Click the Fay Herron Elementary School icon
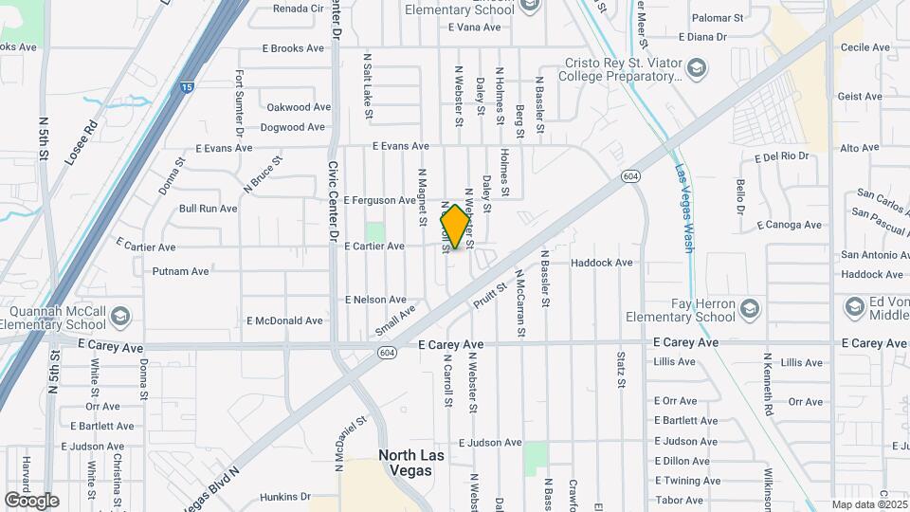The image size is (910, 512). (750, 308)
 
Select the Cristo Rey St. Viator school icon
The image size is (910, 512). (697, 67)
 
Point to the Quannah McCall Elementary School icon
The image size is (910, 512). (119, 316)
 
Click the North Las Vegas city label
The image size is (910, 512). (411, 463)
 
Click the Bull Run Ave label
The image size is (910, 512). (208, 208)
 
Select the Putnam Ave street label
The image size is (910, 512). (180, 271)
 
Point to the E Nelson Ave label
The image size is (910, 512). (375, 300)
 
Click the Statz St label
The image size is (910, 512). (622, 370)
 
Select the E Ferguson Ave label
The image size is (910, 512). (379, 201)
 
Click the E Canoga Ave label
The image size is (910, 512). (790, 225)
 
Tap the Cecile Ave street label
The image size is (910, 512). (864, 46)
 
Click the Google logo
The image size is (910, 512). (31, 500)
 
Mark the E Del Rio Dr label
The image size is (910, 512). (781, 156)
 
